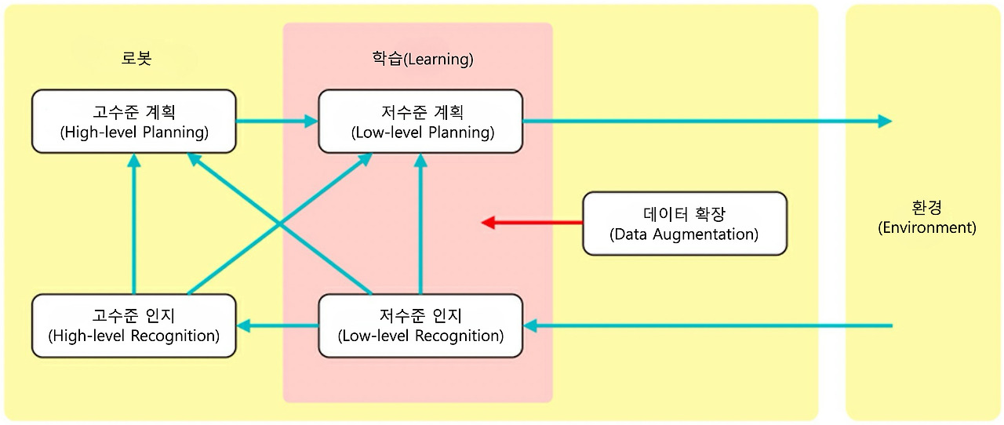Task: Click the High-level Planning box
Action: point(134,121)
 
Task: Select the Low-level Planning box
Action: point(420,121)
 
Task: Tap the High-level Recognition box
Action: point(134,325)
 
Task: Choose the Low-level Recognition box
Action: point(420,325)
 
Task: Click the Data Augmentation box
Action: point(685,223)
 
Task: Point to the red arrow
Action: point(532,223)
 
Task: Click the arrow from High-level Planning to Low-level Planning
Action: point(277,121)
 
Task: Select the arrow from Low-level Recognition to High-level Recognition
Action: point(278,325)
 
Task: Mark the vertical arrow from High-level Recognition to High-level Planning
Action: point(134,223)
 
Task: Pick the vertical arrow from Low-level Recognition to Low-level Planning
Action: point(420,223)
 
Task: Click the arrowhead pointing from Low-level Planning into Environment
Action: point(885,121)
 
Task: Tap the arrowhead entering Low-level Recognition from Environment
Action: point(529,325)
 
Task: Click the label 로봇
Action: point(136,58)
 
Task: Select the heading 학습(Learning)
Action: point(423,59)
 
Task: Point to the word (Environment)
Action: point(927,227)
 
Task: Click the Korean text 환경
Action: point(927,208)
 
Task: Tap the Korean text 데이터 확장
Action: point(684,214)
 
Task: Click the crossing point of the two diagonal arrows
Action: point(280,223)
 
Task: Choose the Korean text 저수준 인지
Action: point(420,315)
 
